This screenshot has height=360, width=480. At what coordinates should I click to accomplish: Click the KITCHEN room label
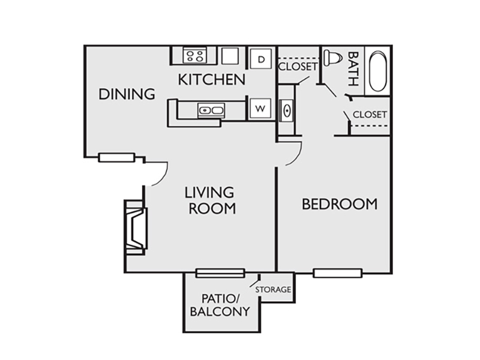212,80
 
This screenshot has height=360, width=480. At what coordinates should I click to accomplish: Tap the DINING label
127,94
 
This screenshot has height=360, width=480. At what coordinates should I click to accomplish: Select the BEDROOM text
340,204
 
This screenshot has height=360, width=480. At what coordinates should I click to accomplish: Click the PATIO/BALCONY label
220,305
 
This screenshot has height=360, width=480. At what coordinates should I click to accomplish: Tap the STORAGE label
273,289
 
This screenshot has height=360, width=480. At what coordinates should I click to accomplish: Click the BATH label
353,69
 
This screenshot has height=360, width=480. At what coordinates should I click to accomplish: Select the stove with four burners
194,55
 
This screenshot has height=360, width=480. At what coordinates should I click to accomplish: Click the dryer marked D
261,58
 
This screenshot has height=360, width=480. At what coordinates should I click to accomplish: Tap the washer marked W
260,109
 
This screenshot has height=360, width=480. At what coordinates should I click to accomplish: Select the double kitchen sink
211,110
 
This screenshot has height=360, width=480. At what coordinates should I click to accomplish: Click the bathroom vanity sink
287,110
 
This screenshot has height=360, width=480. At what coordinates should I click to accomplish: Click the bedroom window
338,273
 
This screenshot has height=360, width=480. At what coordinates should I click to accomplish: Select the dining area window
116,158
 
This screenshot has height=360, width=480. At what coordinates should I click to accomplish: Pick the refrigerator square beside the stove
230,56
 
